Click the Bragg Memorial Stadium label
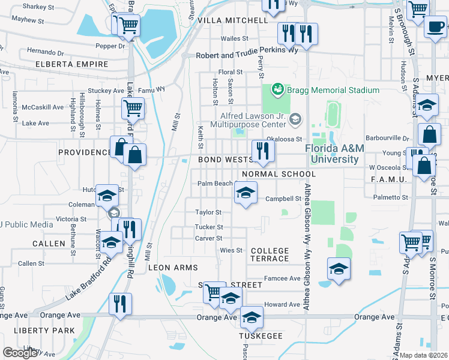click(333, 90)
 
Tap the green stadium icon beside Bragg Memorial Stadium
click(277, 90)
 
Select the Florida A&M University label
click(331, 154)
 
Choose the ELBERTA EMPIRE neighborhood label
click(71, 64)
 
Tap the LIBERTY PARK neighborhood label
click(46, 330)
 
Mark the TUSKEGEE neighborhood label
click(261, 336)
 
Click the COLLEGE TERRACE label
click(270, 254)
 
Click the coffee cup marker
click(435, 26)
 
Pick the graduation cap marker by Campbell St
click(244, 193)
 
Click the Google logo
click(20, 353)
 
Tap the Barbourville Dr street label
click(389, 137)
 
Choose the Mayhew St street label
click(24, 20)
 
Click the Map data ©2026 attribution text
click(424, 355)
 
